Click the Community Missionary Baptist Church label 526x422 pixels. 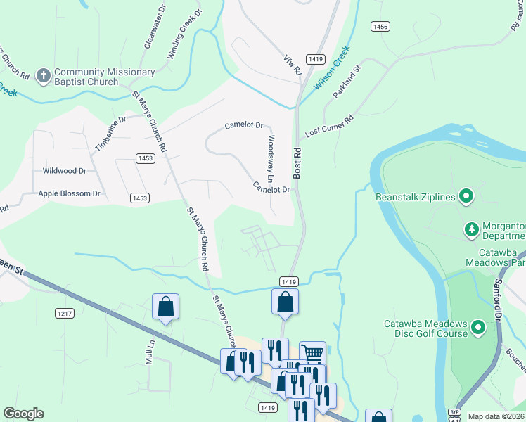104,77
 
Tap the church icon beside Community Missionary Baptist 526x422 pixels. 44,75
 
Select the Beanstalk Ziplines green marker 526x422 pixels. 466,197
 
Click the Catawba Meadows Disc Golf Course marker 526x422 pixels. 478,328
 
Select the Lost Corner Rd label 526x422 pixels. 329,125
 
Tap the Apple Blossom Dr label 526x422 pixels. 70,193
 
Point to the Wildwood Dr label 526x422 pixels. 64,171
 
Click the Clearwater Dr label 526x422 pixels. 154,27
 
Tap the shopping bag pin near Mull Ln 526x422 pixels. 165,307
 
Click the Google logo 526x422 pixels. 23,414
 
